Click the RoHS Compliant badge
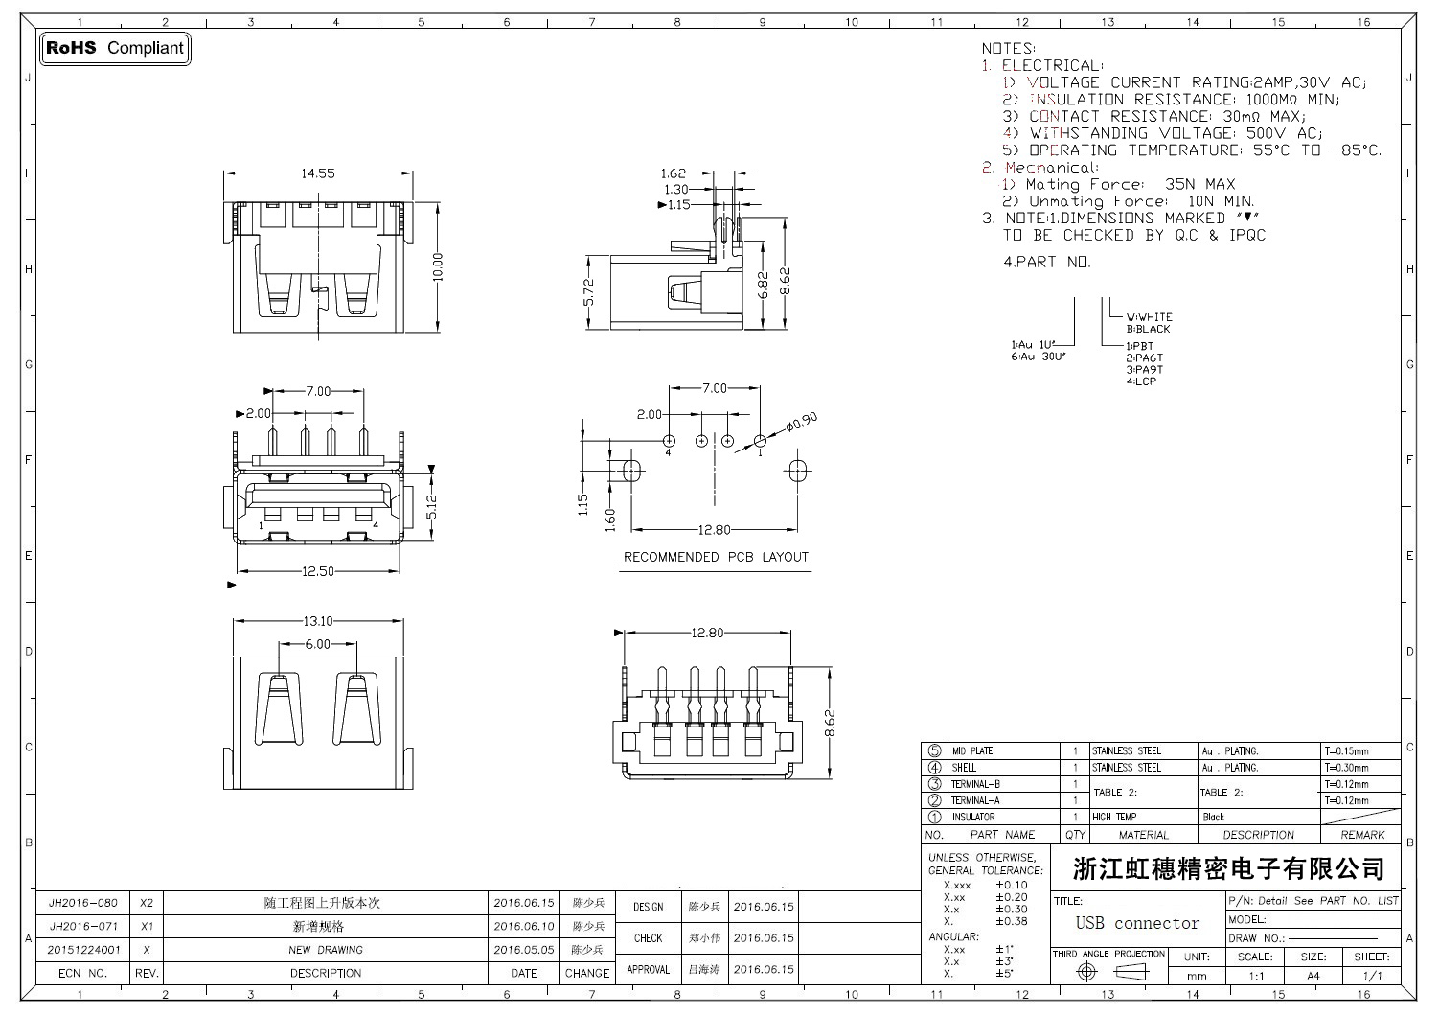(x=115, y=48)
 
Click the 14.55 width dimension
(x=318, y=173)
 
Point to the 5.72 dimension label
(x=589, y=291)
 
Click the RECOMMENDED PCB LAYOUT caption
(x=716, y=557)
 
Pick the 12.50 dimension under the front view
(x=318, y=571)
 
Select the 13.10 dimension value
(x=318, y=621)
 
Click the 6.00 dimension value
(x=316, y=644)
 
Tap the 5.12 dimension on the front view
(x=432, y=507)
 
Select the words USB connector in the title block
(x=1137, y=923)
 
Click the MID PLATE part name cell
(x=971, y=751)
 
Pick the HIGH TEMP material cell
(x=1113, y=817)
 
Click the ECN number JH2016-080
(x=83, y=903)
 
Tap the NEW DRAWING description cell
(x=326, y=950)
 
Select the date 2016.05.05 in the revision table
(x=524, y=950)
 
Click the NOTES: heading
(x=1008, y=48)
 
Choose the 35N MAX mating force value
(x=1199, y=184)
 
